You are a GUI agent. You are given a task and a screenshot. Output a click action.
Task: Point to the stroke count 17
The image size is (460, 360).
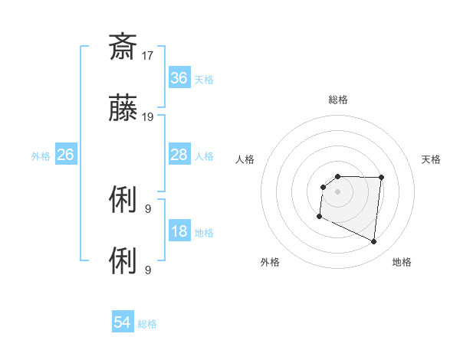[149, 55]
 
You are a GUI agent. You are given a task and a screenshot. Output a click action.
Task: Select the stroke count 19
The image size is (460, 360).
[149, 117]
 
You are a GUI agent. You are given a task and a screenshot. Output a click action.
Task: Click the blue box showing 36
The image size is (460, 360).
[179, 77]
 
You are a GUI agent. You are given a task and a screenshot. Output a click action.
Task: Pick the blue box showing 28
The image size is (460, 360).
[179, 155]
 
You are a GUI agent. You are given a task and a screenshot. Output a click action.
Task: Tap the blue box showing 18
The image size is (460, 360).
[179, 232]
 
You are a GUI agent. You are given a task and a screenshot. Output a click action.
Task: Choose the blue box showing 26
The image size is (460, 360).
[65, 155]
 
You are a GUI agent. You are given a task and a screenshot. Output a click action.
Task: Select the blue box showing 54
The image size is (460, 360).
[123, 323]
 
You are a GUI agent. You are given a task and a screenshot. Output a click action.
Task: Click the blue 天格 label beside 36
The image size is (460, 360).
[204, 79]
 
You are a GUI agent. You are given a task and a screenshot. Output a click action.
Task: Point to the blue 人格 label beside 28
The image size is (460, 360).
[204, 155]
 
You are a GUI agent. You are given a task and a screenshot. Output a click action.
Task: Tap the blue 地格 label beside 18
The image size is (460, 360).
[204, 233]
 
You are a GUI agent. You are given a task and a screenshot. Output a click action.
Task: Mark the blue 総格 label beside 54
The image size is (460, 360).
[147, 324]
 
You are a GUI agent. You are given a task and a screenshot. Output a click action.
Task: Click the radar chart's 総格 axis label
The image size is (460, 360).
[338, 100]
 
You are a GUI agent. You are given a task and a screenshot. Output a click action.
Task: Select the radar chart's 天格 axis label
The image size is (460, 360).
[432, 159]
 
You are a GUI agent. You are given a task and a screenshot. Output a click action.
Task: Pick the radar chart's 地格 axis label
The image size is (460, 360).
[402, 262]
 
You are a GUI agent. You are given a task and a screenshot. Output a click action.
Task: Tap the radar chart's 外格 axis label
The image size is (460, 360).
[270, 262]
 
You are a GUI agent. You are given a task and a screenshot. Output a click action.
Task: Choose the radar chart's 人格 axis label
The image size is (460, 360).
[245, 159]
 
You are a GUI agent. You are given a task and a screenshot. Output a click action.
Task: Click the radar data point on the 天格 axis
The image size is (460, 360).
[381, 178]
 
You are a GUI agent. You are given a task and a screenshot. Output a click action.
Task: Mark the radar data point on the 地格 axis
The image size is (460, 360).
[374, 242]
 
